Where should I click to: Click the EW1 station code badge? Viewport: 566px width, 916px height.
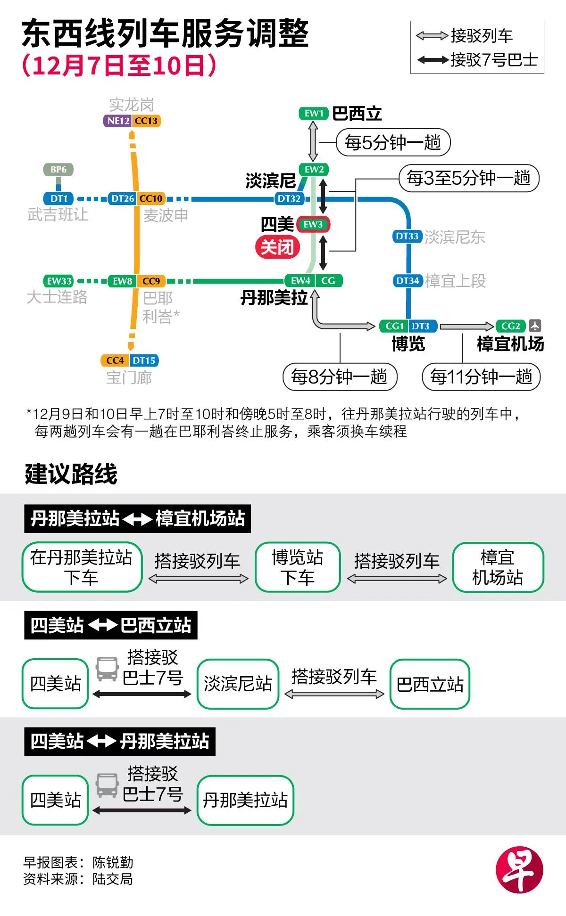314,114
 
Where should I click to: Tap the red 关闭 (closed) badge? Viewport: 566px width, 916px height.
277,247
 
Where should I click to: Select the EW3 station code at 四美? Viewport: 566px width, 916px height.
313,225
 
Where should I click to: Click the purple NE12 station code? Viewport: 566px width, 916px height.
118,121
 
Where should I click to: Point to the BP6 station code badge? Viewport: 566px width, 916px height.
58,170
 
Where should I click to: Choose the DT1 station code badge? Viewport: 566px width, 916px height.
58,199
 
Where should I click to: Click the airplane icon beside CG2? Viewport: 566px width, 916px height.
535,326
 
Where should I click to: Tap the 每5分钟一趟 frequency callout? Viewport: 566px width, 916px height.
393,142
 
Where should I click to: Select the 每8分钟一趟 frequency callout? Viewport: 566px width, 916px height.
340,377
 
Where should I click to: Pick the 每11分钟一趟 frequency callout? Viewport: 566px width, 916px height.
481,377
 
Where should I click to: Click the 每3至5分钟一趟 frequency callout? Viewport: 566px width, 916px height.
469,178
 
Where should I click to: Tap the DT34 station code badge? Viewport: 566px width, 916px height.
408,281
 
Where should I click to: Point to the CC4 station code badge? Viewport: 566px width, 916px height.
115,361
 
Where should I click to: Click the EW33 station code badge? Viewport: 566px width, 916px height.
59,281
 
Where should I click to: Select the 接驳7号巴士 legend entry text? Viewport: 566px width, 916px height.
494,60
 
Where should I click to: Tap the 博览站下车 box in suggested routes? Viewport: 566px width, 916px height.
298,567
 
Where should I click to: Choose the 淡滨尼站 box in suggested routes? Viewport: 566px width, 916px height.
238,684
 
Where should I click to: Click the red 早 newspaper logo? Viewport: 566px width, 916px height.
519,870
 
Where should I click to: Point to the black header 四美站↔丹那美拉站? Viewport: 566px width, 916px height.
120,742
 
